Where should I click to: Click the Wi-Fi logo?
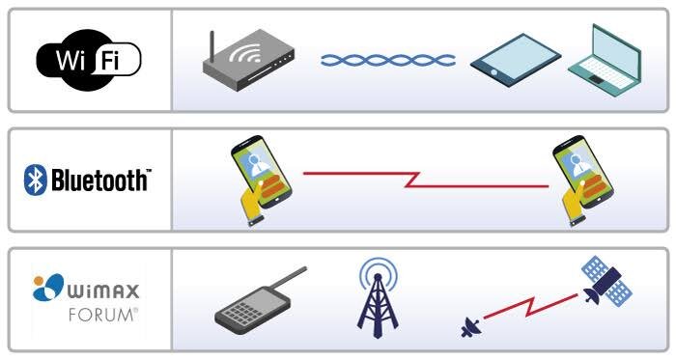[x=89, y=60]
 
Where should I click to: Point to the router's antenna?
[x=211, y=46]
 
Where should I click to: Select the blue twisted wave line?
[x=388, y=60]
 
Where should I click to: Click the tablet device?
[x=516, y=60]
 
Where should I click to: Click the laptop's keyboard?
[x=600, y=69]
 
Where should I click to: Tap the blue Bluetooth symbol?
[x=35, y=180]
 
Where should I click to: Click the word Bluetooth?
[x=99, y=180]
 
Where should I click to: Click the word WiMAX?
[x=103, y=291]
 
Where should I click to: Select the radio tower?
[x=378, y=298]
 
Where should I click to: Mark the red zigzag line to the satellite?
[x=530, y=307]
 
